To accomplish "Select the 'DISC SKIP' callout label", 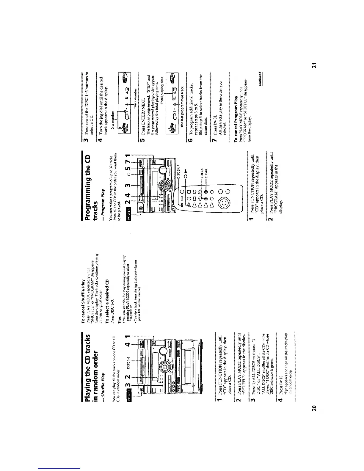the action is click(x=178, y=172).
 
